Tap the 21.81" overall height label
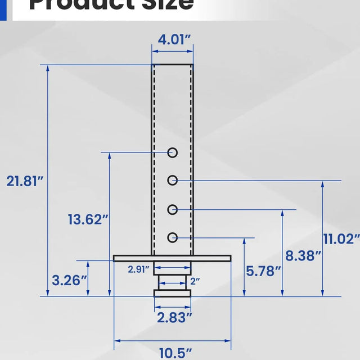tap(25, 181)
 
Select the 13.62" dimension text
tap(88, 219)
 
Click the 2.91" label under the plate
tap(138, 269)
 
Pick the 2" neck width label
tap(195, 280)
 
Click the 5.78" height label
tap(263, 271)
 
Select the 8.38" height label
tap(303, 256)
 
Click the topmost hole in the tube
tap(173, 152)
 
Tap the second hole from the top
tap(173, 181)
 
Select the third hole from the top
tap(173, 209)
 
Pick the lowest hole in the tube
tap(173, 237)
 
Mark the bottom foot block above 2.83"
tap(173, 293)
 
